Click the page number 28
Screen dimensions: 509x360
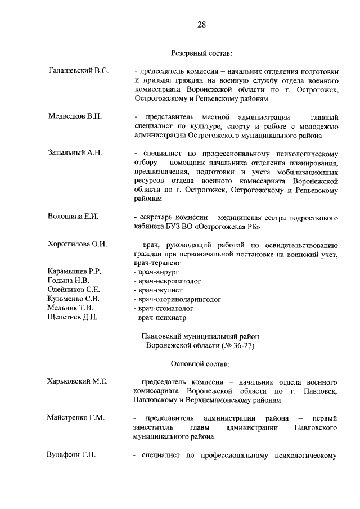point(201,24)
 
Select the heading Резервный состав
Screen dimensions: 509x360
point(201,53)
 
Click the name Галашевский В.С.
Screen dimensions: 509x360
point(78,71)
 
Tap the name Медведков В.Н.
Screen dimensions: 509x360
point(75,116)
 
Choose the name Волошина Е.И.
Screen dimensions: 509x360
point(73,217)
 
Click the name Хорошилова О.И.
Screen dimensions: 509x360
point(77,244)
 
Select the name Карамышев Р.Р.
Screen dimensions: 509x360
point(75,271)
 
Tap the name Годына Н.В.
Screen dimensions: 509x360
point(69,280)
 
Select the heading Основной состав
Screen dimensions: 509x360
point(201,363)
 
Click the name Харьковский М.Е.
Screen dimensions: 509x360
point(77,381)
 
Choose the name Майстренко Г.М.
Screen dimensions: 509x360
point(76,418)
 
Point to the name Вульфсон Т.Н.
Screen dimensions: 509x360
point(71,455)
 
